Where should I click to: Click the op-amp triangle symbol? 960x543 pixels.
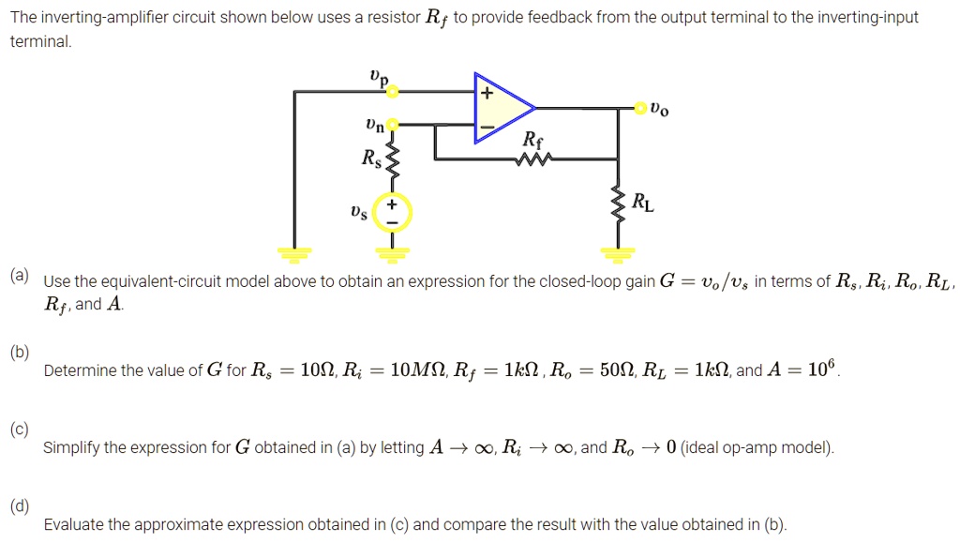(x=502, y=108)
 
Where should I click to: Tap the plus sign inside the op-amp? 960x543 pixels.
(x=486, y=94)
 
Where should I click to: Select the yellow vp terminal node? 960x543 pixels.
(x=393, y=91)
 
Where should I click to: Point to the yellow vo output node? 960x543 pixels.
(x=641, y=108)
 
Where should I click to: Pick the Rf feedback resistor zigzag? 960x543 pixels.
(x=531, y=159)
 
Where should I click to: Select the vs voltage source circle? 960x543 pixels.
(x=392, y=213)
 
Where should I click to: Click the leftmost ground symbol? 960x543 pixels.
(x=294, y=252)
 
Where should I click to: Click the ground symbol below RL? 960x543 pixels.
(x=618, y=252)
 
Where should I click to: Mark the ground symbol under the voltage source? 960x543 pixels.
(x=392, y=252)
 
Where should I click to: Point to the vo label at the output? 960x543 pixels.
(x=659, y=110)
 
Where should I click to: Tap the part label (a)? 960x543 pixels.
(x=20, y=276)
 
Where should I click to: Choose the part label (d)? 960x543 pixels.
(x=20, y=506)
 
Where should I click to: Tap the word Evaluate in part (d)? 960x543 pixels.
(x=72, y=524)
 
